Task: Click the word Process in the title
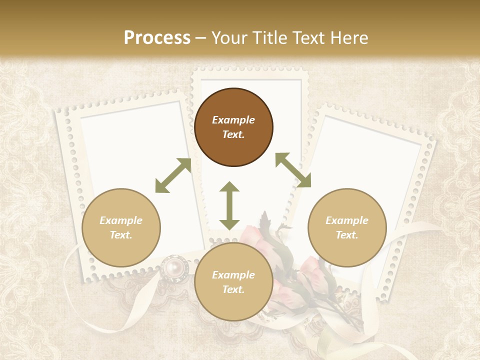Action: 157,38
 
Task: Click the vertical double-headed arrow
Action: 229,205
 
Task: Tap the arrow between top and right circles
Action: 293,170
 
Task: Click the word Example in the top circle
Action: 233,120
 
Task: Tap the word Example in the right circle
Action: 347,220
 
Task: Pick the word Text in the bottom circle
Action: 232,289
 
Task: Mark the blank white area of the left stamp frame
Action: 130,150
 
